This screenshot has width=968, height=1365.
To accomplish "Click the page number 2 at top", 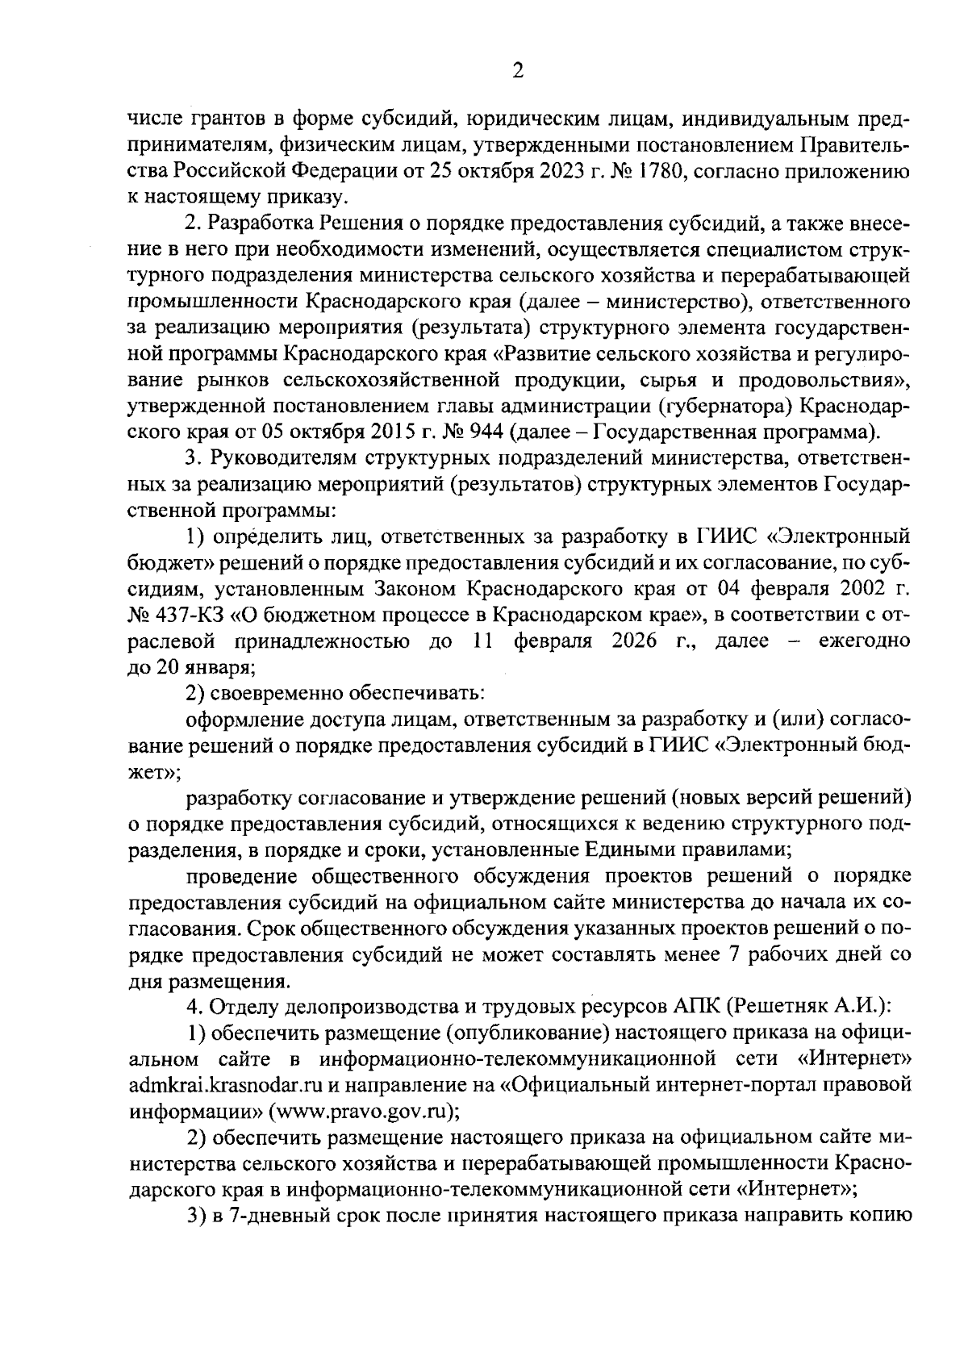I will [x=518, y=72].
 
